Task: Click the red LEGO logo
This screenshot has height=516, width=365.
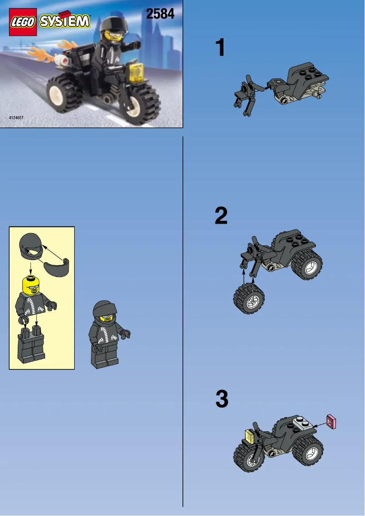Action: click(x=23, y=22)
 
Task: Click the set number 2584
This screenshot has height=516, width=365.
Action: click(x=160, y=14)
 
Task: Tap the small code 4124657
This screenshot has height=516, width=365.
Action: click(x=16, y=118)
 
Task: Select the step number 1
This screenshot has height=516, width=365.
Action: click(x=220, y=48)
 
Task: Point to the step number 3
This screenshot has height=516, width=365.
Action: click(x=222, y=399)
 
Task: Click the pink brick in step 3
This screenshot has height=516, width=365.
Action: click(x=332, y=422)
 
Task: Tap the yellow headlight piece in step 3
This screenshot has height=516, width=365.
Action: click(x=250, y=436)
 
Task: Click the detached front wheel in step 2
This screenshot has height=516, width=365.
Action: click(x=249, y=298)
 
